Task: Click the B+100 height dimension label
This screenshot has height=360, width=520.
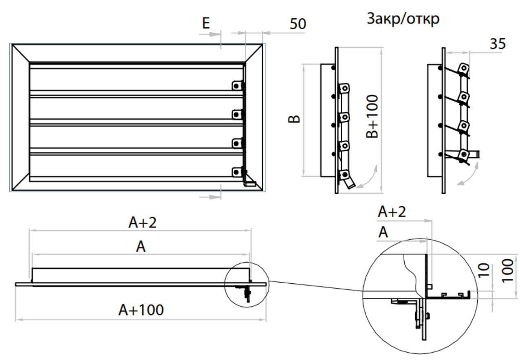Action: [x=372, y=118]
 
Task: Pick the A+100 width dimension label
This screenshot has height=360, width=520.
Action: [x=141, y=309]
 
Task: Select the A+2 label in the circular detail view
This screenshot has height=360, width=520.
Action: [x=392, y=212]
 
